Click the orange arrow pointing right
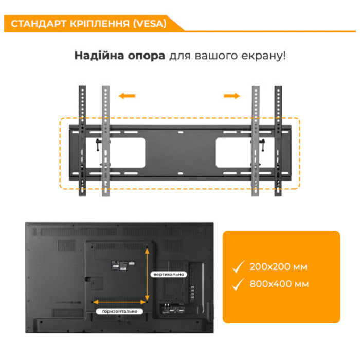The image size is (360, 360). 232,96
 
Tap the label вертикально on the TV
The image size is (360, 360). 168,274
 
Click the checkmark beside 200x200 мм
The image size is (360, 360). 238,267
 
